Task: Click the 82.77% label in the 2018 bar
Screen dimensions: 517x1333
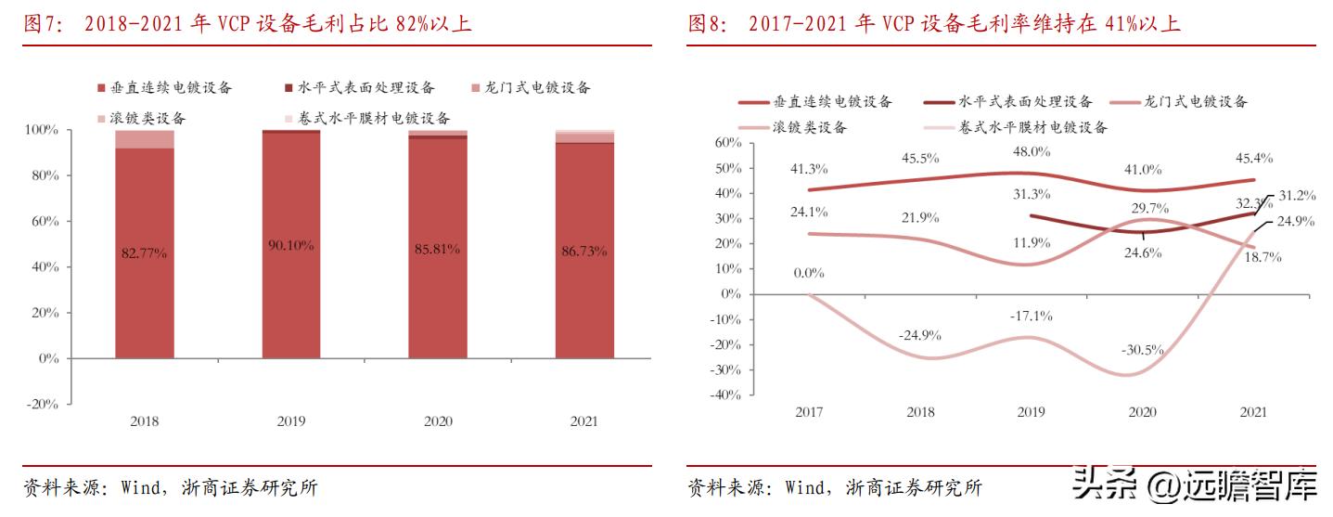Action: pos(144,252)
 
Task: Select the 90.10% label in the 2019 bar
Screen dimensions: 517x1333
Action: pos(291,245)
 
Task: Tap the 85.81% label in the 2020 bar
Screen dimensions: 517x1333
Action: pos(438,249)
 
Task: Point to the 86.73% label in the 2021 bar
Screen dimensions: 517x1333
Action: pos(584,251)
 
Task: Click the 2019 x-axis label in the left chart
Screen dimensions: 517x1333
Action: pos(291,420)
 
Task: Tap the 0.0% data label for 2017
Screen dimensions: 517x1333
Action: pos(809,273)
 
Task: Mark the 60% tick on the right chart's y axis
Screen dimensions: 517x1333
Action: pos(727,142)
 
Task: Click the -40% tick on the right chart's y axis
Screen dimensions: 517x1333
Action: pos(725,394)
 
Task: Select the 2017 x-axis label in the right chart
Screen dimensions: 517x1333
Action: pos(809,411)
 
